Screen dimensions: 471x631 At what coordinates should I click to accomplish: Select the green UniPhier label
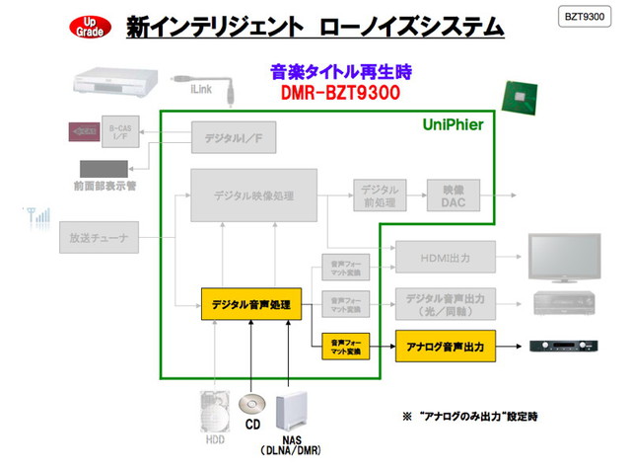454,126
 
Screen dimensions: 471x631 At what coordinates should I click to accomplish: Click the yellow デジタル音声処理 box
250,304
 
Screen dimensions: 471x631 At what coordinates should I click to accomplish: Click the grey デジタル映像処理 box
253,196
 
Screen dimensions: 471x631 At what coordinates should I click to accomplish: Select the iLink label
200,87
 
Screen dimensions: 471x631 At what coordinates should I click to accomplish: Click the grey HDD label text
214,441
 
